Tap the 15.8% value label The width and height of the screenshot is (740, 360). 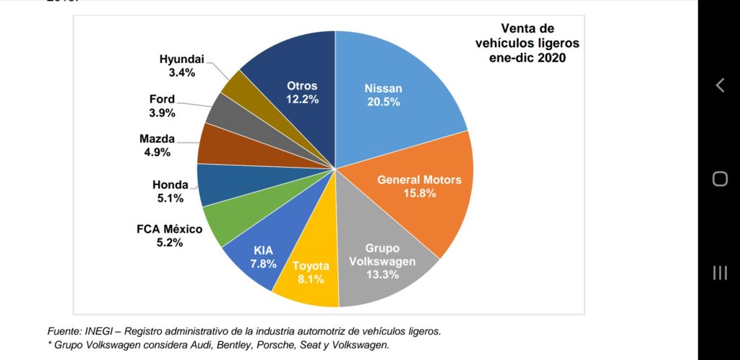[x=419, y=193]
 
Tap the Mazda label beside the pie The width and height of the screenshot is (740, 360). [x=157, y=139]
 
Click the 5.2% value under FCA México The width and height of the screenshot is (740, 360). [x=168, y=243]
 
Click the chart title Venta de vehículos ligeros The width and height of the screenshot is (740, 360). [x=527, y=43]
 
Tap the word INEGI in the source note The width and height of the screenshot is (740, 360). [x=100, y=331]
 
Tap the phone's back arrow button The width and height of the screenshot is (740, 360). [x=719, y=85]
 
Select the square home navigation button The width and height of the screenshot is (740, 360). [x=720, y=179]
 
